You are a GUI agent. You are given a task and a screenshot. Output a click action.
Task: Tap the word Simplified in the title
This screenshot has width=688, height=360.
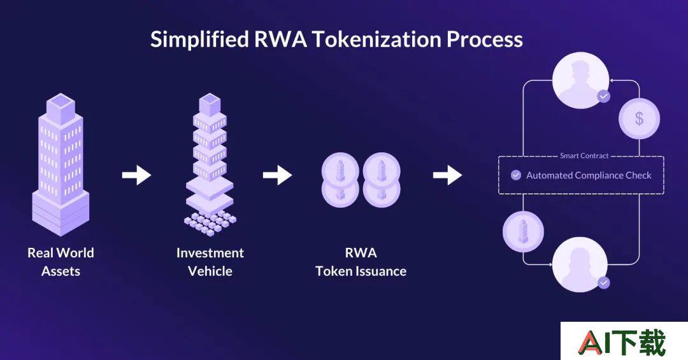200,40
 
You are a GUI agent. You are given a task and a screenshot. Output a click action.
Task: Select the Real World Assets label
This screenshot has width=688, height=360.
61,262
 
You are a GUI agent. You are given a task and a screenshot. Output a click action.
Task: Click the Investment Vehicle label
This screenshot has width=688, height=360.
210,262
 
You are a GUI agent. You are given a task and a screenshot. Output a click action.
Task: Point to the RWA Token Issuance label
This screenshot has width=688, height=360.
361,262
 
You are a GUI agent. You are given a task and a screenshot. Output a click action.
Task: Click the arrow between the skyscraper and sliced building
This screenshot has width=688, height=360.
136,175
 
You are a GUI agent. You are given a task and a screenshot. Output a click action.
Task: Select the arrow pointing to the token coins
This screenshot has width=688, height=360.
277,175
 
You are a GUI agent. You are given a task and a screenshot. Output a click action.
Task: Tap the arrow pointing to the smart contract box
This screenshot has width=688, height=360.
448,175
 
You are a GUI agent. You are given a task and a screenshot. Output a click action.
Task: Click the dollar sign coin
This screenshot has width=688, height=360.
640,119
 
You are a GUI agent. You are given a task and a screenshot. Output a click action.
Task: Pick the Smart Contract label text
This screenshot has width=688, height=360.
584,156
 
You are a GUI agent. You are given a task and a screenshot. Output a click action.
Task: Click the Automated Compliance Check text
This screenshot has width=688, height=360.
589,175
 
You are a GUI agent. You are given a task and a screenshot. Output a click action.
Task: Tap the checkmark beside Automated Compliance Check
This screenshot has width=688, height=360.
516,175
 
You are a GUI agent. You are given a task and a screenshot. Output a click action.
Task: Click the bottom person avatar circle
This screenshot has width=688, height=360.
580,264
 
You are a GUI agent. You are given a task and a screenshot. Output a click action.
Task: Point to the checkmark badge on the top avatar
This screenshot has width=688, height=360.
604,96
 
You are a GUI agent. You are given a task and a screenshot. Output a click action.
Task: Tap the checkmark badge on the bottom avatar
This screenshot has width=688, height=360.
604,283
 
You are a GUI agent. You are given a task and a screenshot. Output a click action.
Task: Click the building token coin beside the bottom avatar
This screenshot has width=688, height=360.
523,231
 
